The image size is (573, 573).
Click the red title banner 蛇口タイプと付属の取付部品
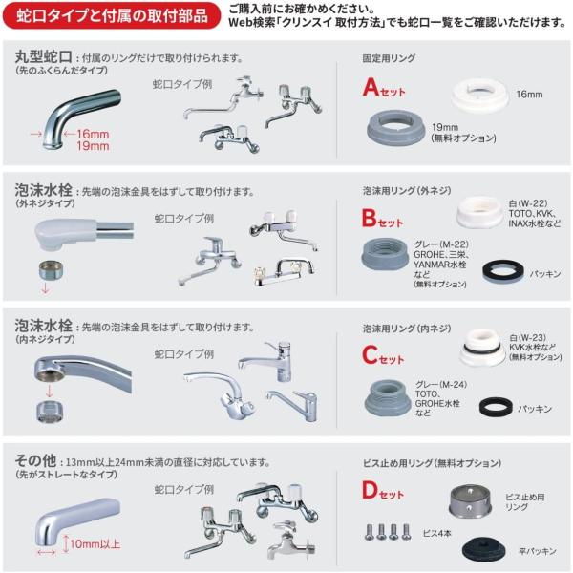tap(112, 15)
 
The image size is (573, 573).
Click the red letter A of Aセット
tap(371, 87)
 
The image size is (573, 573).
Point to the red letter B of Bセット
tap(369, 218)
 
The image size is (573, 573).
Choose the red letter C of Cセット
tap(370, 354)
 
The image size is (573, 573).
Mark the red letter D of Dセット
tap(370, 490)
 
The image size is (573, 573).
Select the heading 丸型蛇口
tap(44, 56)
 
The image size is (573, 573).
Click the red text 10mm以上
tap(95, 544)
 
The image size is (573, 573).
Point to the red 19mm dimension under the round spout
tap(93, 146)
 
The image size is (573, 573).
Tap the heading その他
tap(35, 460)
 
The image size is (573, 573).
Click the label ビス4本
tap(436, 534)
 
